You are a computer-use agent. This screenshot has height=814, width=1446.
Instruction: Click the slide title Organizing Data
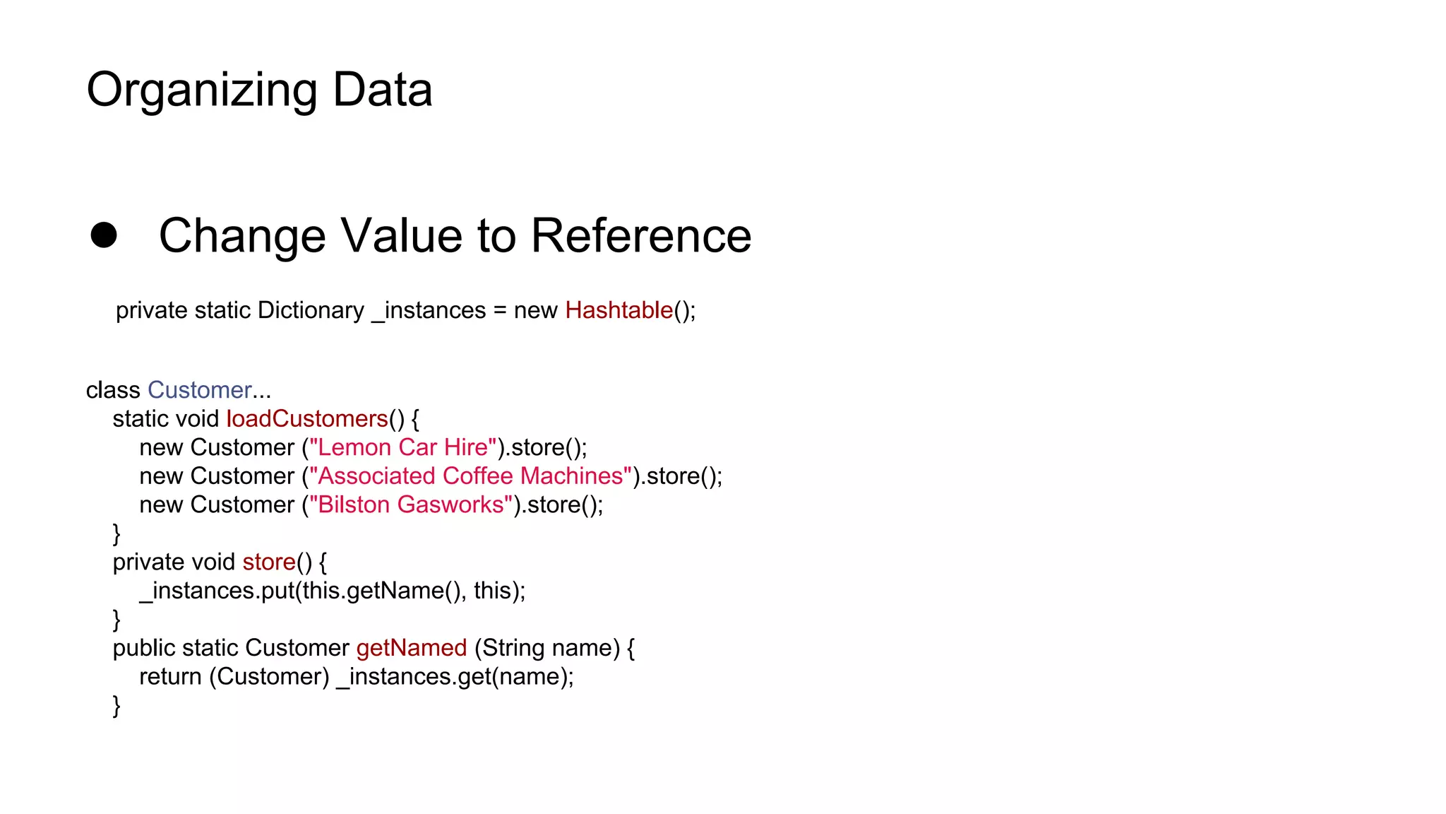[x=259, y=90]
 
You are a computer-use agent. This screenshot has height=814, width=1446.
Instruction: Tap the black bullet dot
[x=104, y=235]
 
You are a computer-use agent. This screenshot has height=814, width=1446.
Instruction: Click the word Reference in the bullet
[x=640, y=235]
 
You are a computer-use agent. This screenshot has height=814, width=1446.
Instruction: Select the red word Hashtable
[x=619, y=310]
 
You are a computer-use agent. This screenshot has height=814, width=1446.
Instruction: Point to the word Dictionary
[x=311, y=310]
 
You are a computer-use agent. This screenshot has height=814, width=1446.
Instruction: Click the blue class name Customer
[x=199, y=390]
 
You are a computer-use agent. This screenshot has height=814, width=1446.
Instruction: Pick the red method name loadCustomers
[x=307, y=419]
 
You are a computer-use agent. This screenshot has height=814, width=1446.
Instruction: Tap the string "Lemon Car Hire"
[x=402, y=447]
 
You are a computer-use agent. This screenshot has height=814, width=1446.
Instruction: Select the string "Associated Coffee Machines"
[x=470, y=476]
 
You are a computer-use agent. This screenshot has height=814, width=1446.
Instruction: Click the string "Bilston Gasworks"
[x=411, y=505]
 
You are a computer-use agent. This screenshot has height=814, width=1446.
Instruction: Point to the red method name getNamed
[x=412, y=648]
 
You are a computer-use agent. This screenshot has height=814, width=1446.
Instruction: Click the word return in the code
[x=170, y=677]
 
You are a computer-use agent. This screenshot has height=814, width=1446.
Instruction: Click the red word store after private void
[x=268, y=562]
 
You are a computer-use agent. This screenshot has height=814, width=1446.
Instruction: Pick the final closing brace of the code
[x=116, y=706]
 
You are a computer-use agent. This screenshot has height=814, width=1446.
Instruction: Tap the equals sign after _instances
[x=500, y=311]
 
